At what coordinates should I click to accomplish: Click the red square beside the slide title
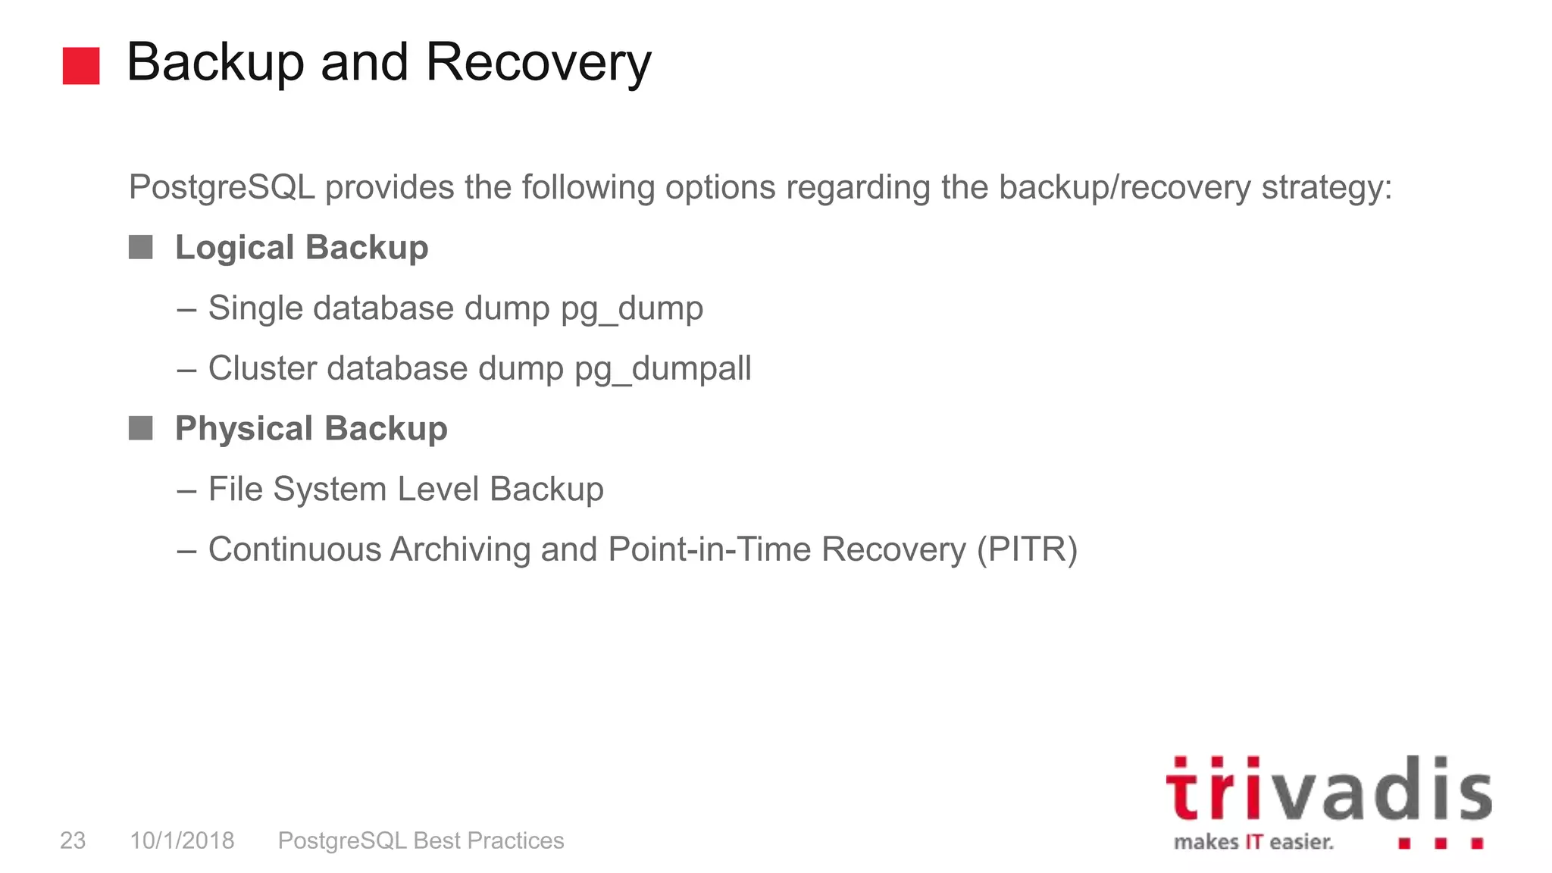81,66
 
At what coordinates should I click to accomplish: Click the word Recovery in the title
538,62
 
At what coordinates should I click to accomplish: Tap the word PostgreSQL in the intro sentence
221,187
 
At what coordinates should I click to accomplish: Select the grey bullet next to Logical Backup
141,247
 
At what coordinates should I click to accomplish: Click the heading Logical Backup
302,248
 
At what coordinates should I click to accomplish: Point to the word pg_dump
632,309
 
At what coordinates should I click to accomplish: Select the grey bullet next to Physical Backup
141,428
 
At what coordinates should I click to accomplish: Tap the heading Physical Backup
311,429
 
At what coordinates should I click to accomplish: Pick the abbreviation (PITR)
1027,550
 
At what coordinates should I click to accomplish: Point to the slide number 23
73,840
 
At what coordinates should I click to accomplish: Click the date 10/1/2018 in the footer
182,840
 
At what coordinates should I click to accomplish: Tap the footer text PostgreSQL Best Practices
421,840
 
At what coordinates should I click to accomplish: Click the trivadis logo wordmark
1328,790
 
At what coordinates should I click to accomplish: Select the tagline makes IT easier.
1253,842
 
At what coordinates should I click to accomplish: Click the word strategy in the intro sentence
1326,187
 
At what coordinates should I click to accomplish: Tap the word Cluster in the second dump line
262,369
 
